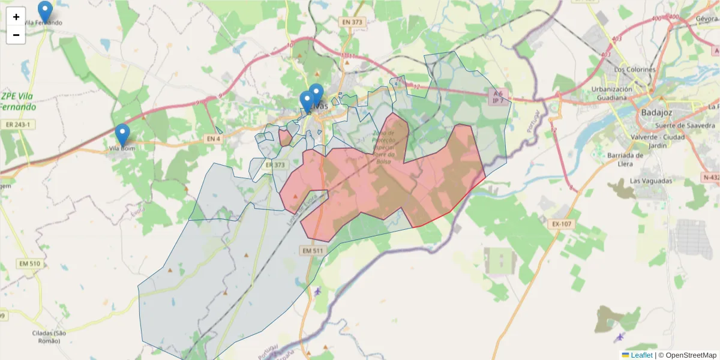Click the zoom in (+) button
(x=16, y=17)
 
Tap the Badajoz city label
(x=658, y=112)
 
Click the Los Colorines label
(x=635, y=70)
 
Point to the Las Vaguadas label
(x=651, y=181)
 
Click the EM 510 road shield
(x=29, y=263)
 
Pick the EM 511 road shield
(x=313, y=250)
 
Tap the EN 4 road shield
(x=214, y=139)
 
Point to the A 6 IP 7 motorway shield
(x=498, y=97)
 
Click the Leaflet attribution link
(x=641, y=355)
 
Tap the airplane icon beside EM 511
(x=317, y=292)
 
